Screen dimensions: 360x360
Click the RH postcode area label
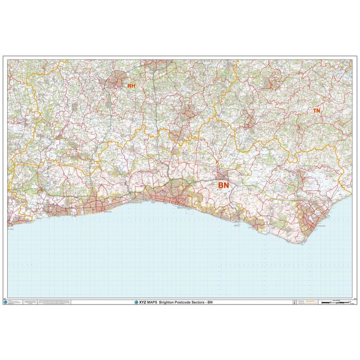tap(131, 86)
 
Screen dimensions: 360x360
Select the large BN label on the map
tap(224, 185)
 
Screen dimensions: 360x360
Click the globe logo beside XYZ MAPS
tap(136, 302)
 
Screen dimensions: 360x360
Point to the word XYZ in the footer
tap(142, 302)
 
